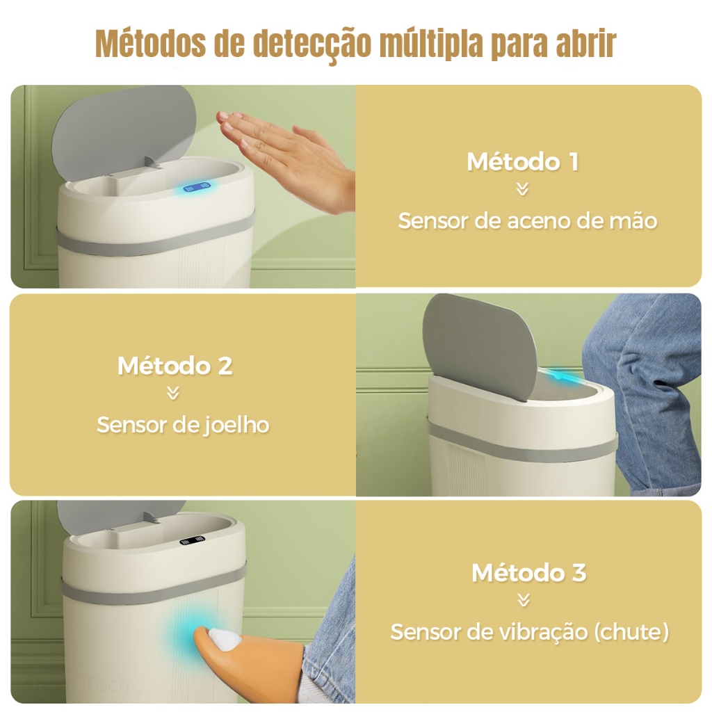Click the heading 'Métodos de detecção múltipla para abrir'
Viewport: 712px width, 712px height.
pos(355,44)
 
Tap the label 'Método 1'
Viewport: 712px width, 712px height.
pos(522,161)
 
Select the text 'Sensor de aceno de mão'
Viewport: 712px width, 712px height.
pos(527,221)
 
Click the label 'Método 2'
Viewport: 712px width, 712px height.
pos(175,366)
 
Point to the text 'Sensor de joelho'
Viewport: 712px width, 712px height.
pos(182,425)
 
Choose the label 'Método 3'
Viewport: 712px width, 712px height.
pos(528,573)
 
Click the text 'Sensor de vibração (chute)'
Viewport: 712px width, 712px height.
pos(529,632)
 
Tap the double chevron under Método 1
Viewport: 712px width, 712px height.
pos(523,190)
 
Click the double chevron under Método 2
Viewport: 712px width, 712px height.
pos(174,394)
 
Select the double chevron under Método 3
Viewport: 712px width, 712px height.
pos(524,599)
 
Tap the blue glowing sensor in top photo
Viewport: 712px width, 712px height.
pos(197,187)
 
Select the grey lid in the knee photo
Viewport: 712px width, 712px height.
pos(480,344)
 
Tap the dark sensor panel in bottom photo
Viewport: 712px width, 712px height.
pos(194,540)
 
